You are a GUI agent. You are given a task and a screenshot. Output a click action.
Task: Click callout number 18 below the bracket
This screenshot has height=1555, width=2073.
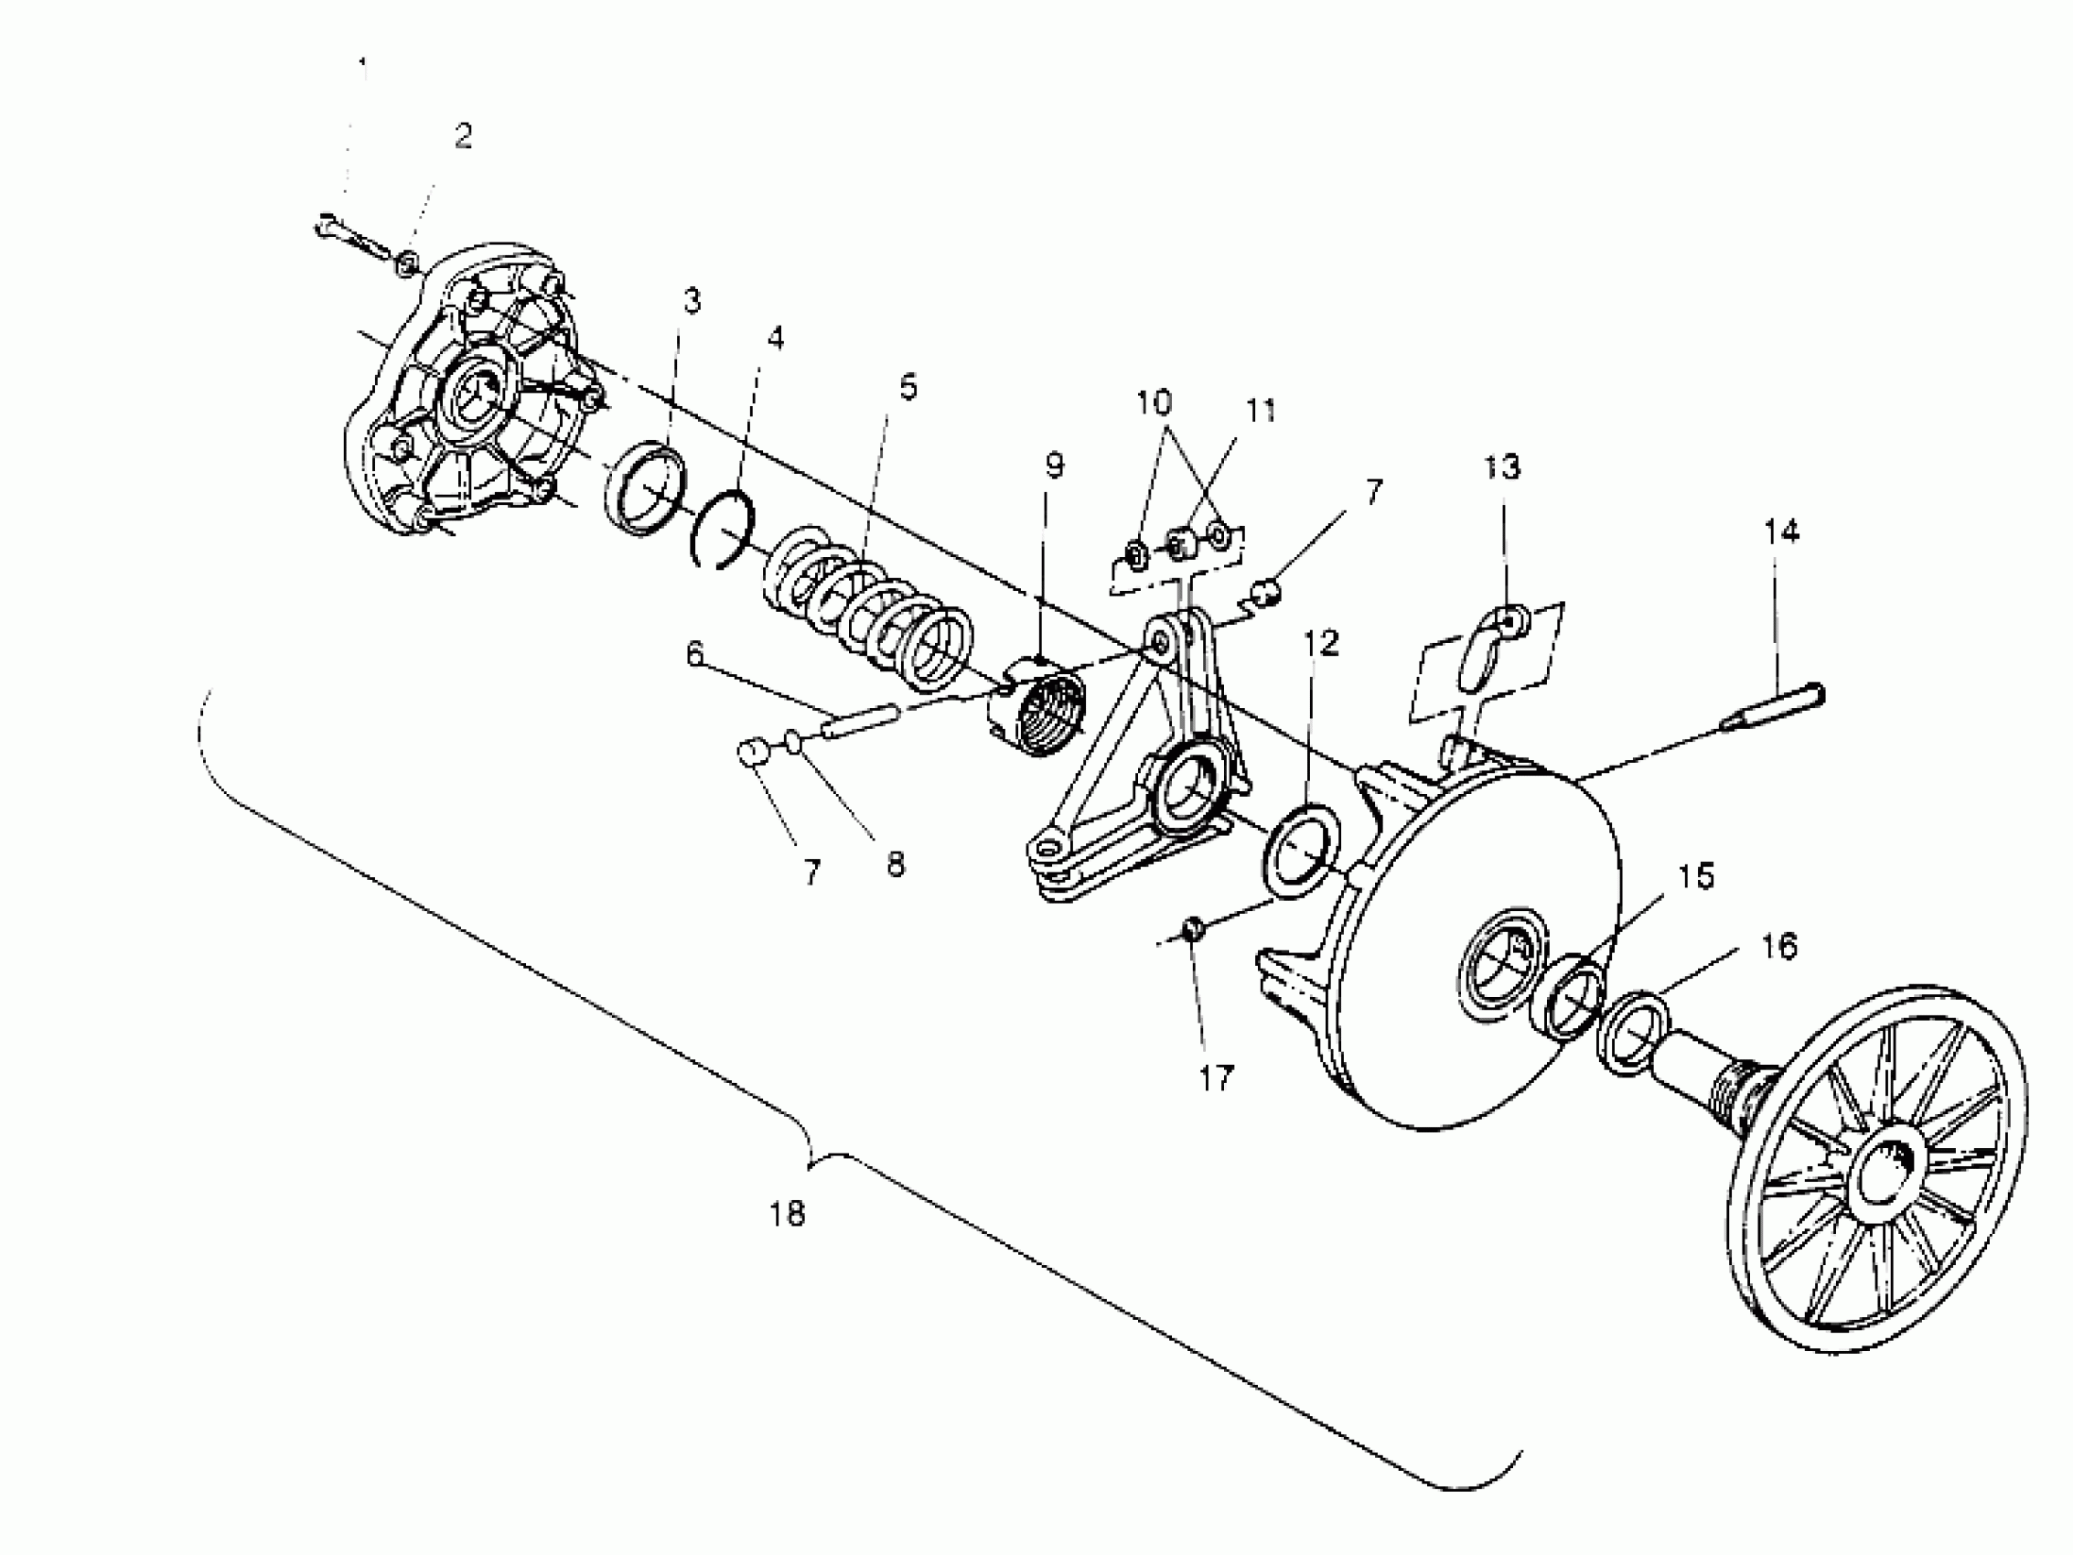tap(788, 1215)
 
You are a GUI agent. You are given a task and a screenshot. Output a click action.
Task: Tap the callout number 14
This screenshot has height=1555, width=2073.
tap(1781, 531)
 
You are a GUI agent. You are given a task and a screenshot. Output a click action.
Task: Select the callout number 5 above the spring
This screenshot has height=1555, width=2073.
tap(908, 386)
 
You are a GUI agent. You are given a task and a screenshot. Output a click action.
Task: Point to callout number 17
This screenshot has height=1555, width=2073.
tap(1217, 1078)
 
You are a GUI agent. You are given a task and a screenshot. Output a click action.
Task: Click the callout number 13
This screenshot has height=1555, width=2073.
tap(1502, 466)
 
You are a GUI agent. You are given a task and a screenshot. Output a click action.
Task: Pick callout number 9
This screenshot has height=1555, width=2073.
tap(1054, 465)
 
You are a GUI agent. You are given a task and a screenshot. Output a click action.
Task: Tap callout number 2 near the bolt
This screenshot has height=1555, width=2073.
tap(463, 136)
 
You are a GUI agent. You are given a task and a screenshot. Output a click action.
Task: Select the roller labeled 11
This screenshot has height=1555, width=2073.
tap(1179, 542)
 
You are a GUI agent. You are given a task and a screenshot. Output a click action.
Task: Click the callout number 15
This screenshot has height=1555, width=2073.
tap(1694, 876)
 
